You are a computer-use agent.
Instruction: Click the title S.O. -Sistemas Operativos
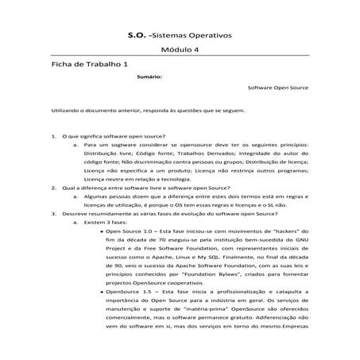[x=179, y=36]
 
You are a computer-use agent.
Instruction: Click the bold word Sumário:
[x=149, y=77]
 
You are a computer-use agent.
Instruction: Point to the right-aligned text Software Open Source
[x=278, y=89]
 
